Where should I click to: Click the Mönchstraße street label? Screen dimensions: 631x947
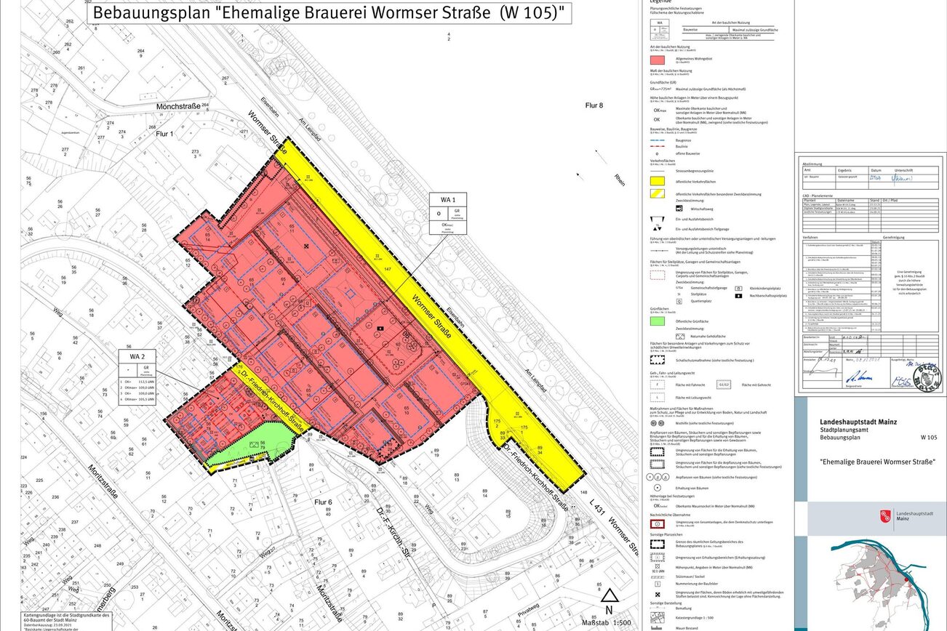point(178,107)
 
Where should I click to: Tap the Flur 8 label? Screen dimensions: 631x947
point(592,105)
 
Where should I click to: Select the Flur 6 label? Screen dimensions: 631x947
point(322,502)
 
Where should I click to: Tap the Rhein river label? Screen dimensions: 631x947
point(619,180)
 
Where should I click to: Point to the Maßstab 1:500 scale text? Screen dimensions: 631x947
point(607,622)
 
